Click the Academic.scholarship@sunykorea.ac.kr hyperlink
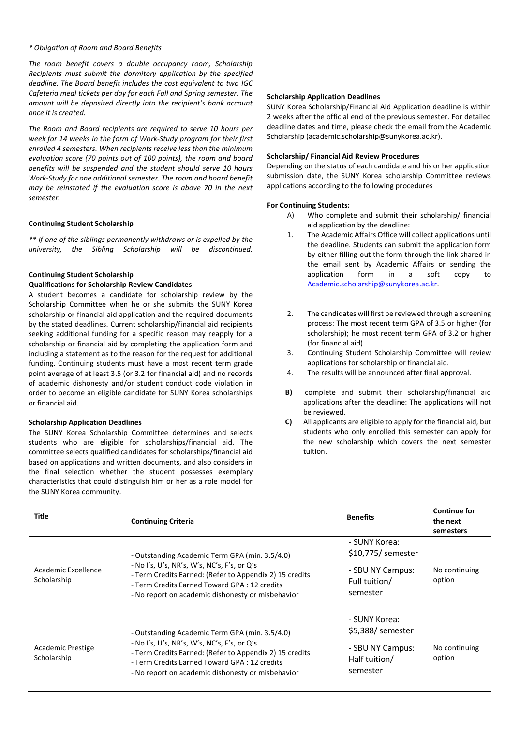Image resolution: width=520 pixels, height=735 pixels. (x=372, y=284)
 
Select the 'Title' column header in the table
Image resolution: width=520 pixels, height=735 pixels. (x=41, y=516)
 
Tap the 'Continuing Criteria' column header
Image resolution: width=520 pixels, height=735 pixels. (x=162, y=521)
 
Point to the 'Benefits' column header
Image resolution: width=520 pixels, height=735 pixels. (x=360, y=517)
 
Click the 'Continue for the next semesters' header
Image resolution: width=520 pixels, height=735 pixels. (x=454, y=521)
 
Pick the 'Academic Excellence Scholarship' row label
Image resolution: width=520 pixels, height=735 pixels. (x=68, y=575)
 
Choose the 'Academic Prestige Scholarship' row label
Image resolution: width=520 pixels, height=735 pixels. (x=64, y=653)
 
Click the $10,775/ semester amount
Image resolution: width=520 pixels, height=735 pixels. (x=383, y=553)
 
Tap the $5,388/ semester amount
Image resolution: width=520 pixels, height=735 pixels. (x=381, y=630)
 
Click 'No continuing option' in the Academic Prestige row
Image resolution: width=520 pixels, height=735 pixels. (x=456, y=653)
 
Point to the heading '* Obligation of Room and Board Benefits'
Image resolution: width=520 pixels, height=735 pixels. (x=95, y=48)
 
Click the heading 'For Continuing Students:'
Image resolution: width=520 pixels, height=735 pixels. (x=308, y=205)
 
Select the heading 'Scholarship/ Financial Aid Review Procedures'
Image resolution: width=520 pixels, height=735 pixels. (x=343, y=156)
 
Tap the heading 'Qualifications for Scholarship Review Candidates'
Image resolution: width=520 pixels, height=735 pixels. (x=110, y=285)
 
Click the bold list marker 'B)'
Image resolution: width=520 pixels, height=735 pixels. (x=288, y=392)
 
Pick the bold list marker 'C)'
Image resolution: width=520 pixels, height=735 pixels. (x=288, y=422)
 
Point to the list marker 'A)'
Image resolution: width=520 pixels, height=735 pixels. (x=290, y=215)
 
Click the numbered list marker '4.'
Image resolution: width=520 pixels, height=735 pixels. (x=290, y=373)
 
